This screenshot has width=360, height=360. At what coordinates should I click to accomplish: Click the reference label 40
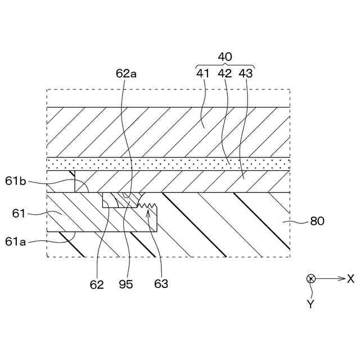tap(224, 57)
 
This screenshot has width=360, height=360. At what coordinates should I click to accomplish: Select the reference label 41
tap(202, 73)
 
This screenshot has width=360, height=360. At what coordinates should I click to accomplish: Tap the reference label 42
tap(224, 73)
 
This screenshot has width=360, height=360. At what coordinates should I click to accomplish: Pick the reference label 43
tap(246, 73)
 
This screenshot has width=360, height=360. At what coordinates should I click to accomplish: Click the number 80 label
tap(317, 222)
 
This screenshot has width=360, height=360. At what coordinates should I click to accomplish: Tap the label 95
tap(126, 284)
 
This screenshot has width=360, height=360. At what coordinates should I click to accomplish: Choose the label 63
tap(161, 284)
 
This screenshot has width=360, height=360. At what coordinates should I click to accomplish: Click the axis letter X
tap(350, 278)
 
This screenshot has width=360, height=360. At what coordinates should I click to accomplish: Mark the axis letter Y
tap(310, 304)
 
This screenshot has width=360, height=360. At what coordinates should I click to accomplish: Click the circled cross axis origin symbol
tap(310, 279)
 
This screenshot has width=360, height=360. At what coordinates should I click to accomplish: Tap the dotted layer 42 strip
tap(169, 164)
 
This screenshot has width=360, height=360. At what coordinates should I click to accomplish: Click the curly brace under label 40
tap(224, 65)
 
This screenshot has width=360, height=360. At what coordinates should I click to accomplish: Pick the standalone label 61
tap(20, 213)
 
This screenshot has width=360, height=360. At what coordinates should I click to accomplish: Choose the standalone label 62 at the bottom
tap(97, 284)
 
